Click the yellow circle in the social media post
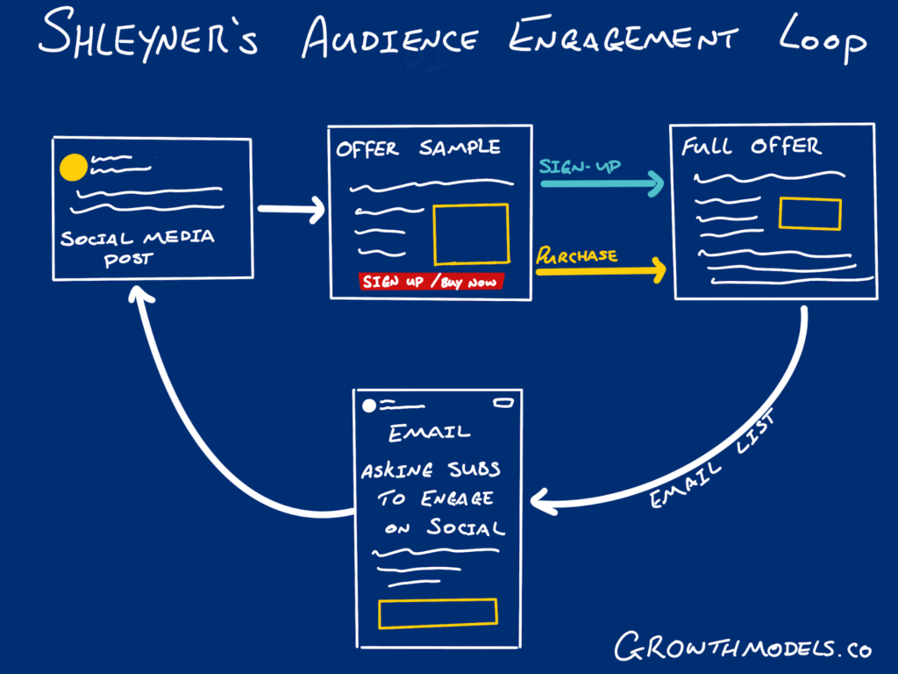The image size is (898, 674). (x=73, y=167)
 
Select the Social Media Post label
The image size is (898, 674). (x=137, y=247)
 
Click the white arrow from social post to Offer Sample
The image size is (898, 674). (x=290, y=210)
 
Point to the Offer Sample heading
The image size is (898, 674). (x=417, y=149)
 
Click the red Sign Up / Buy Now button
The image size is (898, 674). (x=431, y=282)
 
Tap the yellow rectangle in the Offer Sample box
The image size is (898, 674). (x=471, y=233)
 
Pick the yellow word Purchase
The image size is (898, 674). (x=576, y=255)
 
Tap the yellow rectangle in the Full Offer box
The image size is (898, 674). (x=809, y=214)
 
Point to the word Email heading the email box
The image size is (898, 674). (x=430, y=432)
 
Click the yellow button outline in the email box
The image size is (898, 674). (x=438, y=613)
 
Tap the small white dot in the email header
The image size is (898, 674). (x=369, y=405)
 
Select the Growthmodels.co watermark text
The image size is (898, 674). (x=741, y=648)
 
